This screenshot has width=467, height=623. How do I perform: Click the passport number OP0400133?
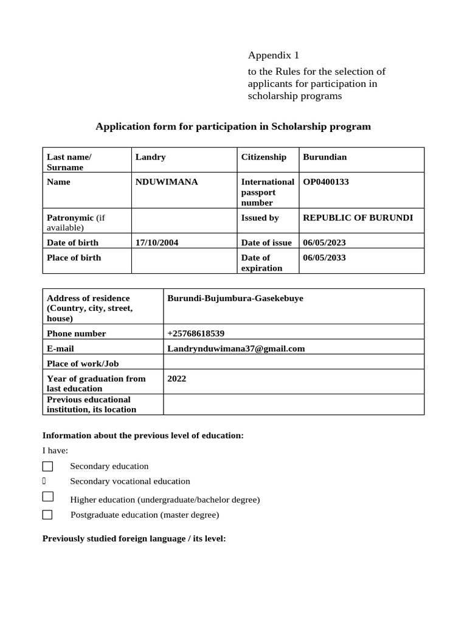326,181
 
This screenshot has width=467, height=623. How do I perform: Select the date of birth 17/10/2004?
157,242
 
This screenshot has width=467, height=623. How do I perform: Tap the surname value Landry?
150,157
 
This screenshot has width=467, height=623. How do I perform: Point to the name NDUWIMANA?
167,181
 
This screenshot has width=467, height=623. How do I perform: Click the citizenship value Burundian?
325,157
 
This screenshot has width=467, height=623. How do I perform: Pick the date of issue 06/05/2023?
324,242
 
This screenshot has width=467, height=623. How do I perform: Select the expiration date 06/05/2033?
324,257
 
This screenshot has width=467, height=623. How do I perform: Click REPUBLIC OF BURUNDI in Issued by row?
358,217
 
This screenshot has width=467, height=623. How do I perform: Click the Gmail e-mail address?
236,349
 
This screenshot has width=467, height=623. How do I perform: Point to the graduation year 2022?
177,378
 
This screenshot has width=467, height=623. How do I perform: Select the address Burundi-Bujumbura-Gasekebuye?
235,298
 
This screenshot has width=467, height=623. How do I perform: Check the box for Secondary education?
47,467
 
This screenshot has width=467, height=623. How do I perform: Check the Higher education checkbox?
47,496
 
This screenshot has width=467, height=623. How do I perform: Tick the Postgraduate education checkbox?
47,515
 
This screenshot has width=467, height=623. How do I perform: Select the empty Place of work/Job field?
293,363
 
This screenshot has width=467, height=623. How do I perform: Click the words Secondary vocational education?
130,481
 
